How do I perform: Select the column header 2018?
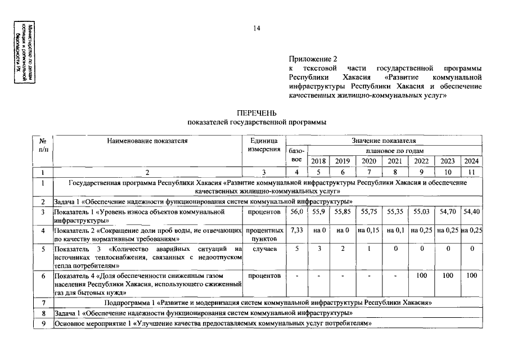[x=318, y=161]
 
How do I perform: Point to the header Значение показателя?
[x=384, y=141]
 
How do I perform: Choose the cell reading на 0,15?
[x=369, y=230]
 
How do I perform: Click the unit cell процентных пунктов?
[x=264, y=234]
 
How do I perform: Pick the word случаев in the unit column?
[x=264, y=249]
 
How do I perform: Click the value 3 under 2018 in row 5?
[x=318, y=249]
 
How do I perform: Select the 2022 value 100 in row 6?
[x=421, y=276]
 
